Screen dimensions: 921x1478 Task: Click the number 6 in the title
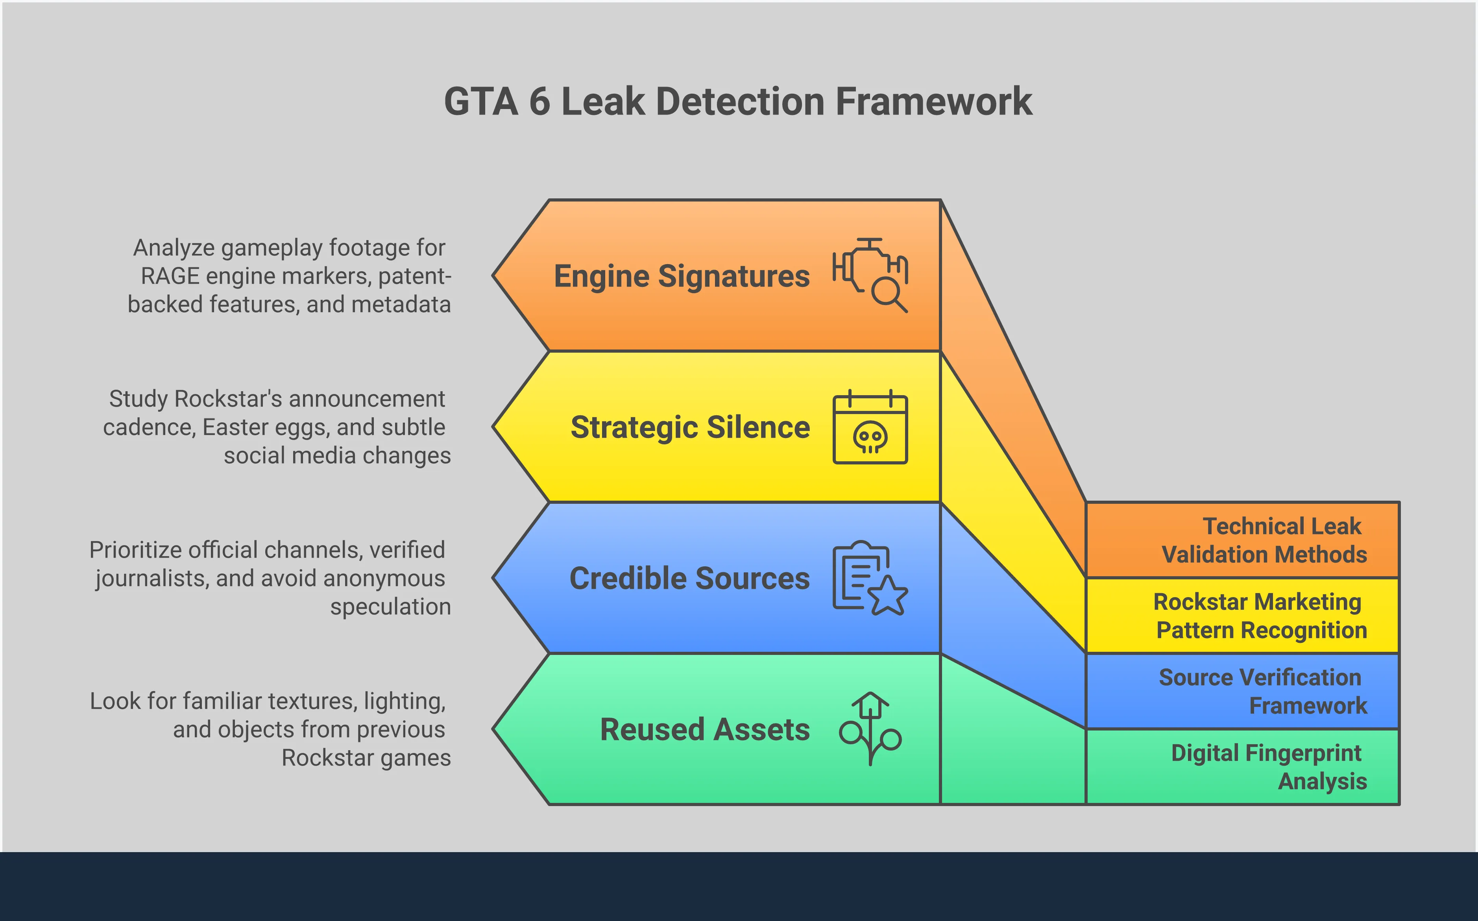[x=539, y=102]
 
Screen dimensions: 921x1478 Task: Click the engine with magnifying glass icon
[x=870, y=275]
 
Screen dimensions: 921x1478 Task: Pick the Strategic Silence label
[x=690, y=427]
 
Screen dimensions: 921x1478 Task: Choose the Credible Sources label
[x=689, y=578]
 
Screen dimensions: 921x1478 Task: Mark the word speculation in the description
[x=390, y=607]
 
